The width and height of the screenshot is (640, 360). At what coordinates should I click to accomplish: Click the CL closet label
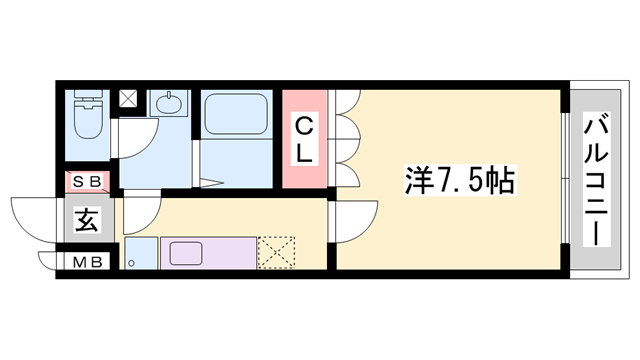click(305, 140)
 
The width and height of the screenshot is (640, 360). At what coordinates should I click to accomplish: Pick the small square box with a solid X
click(130, 100)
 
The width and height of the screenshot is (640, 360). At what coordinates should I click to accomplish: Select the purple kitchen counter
click(208, 252)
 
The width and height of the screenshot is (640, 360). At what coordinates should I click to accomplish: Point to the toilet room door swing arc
click(135, 135)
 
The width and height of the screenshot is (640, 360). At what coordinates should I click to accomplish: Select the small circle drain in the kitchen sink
click(131, 264)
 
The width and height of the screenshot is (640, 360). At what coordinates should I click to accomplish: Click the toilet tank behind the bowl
click(85, 100)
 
